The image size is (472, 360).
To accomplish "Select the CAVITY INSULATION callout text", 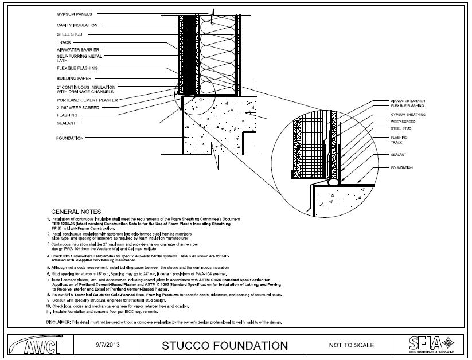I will [x=77, y=25].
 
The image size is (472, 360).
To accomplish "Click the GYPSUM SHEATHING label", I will [x=408, y=115].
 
